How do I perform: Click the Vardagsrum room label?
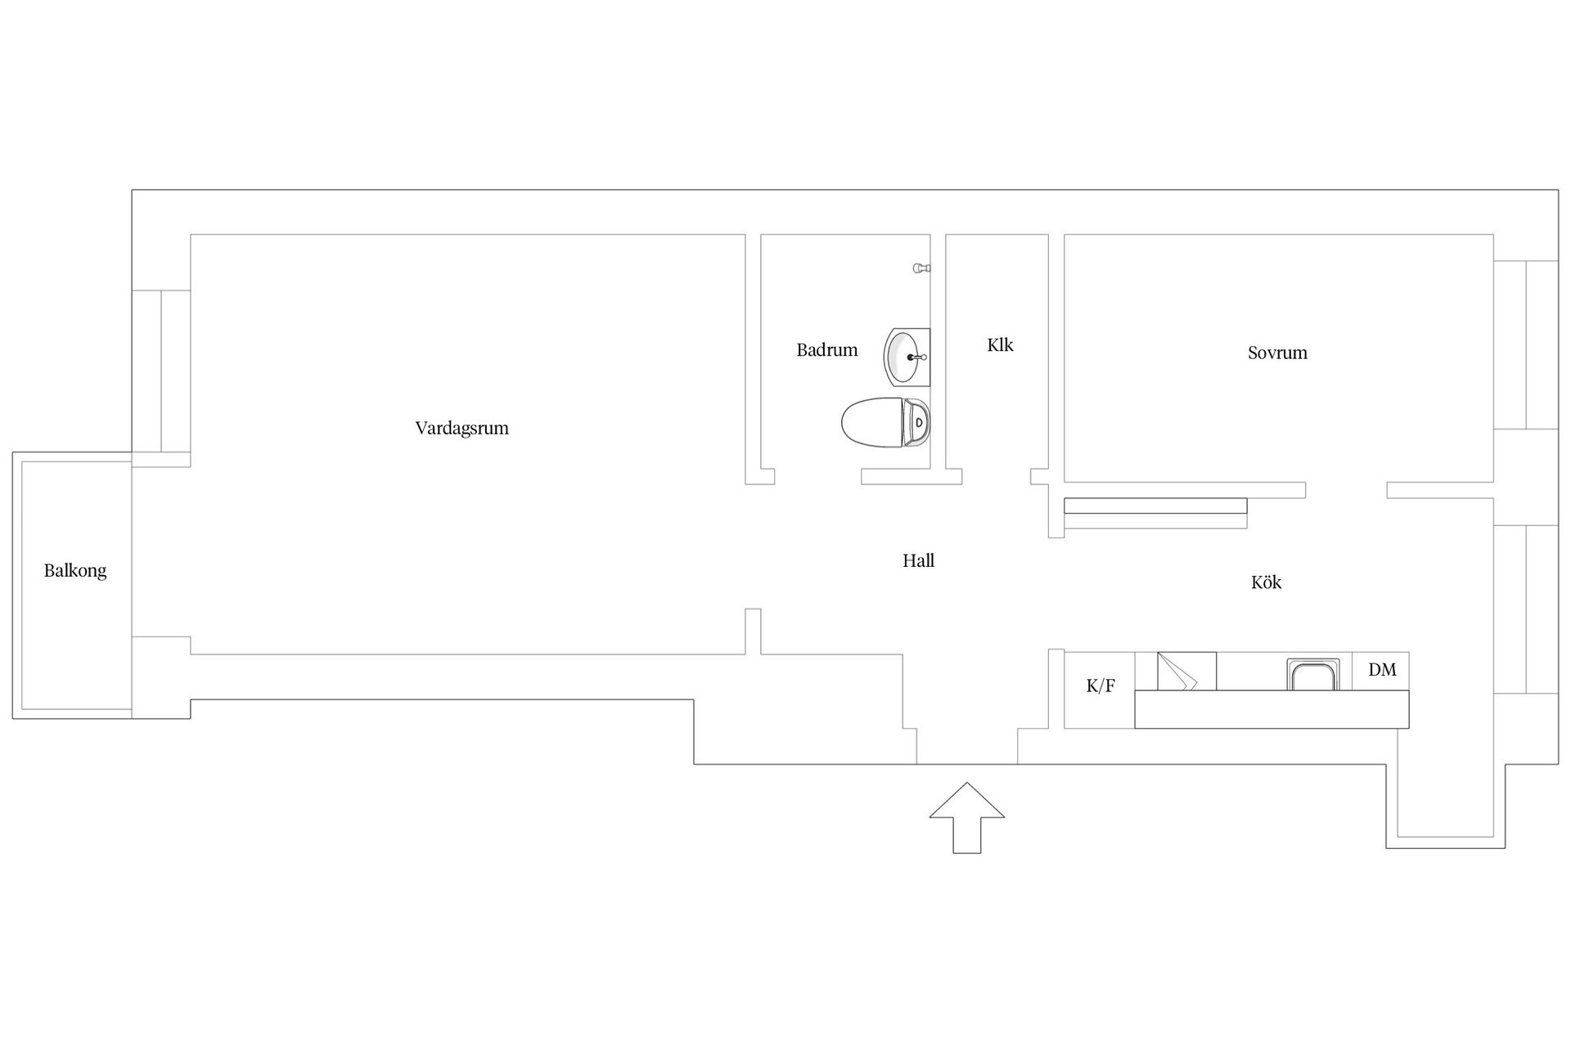pos(461,428)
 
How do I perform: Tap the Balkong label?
pos(75,571)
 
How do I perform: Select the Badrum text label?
pos(827,350)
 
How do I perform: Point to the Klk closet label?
pos(1000,345)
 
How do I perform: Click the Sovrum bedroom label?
pos(1277,353)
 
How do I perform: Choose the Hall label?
pos(918,560)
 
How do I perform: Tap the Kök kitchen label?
pos(1266,582)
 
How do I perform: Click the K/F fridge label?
pos(1101,686)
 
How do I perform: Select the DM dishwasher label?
pos(1382,670)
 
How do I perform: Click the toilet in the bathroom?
pos(886,422)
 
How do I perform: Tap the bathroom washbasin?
pos(907,357)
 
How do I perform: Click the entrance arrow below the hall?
pos(967,818)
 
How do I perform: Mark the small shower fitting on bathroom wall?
pos(922,268)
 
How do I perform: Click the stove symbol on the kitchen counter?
pos(1186,672)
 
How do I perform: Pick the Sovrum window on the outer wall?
pos(1526,345)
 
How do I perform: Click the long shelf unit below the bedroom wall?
pos(1155,506)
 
